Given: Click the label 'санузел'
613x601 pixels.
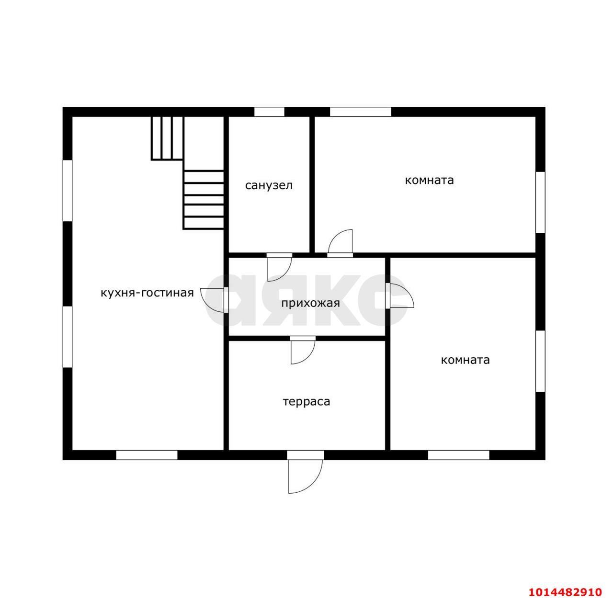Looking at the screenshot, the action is [x=269, y=185].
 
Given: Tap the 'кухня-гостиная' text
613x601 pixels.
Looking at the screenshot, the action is [x=147, y=293].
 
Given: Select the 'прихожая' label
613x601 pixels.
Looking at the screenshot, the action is [x=310, y=304].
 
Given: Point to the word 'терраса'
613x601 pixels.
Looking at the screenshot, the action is [x=306, y=402].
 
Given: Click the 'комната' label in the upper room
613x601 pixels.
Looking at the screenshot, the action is [x=429, y=181].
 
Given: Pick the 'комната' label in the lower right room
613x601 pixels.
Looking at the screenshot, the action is [x=465, y=360].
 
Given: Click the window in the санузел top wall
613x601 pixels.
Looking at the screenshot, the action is [x=269, y=112].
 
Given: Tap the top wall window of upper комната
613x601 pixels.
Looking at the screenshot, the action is [x=361, y=112].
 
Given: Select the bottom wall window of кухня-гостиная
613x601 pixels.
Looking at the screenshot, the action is [x=147, y=455].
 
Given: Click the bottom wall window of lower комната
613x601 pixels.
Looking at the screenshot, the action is [x=458, y=455].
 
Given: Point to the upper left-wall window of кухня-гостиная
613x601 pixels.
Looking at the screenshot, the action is [x=68, y=191].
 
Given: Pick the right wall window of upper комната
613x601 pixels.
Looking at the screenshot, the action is [x=541, y=203].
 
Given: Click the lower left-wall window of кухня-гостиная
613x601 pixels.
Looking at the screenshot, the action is [x=68, y=337].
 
